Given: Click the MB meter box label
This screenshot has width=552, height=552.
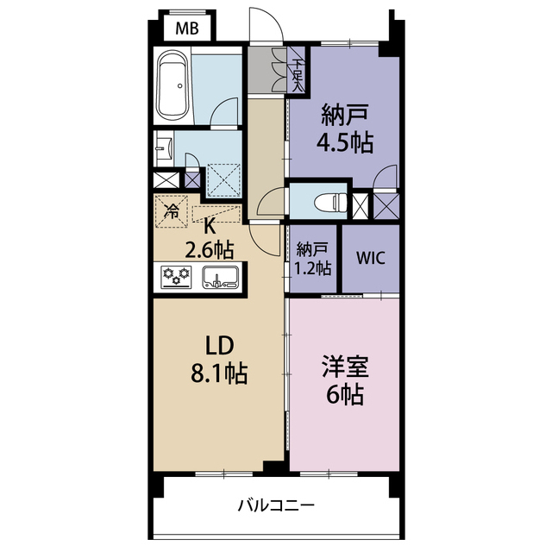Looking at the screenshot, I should [187, 28].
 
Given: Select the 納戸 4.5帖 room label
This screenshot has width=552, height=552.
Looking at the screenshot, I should [347, 128].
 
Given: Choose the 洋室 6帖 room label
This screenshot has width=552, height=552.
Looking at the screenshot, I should [344, 381].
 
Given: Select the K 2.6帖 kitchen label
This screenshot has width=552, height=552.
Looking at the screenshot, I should [209, 240].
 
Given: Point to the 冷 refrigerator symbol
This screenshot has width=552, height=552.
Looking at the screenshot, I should [172, 210].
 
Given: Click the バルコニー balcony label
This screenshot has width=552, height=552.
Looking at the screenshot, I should [276, 505].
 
